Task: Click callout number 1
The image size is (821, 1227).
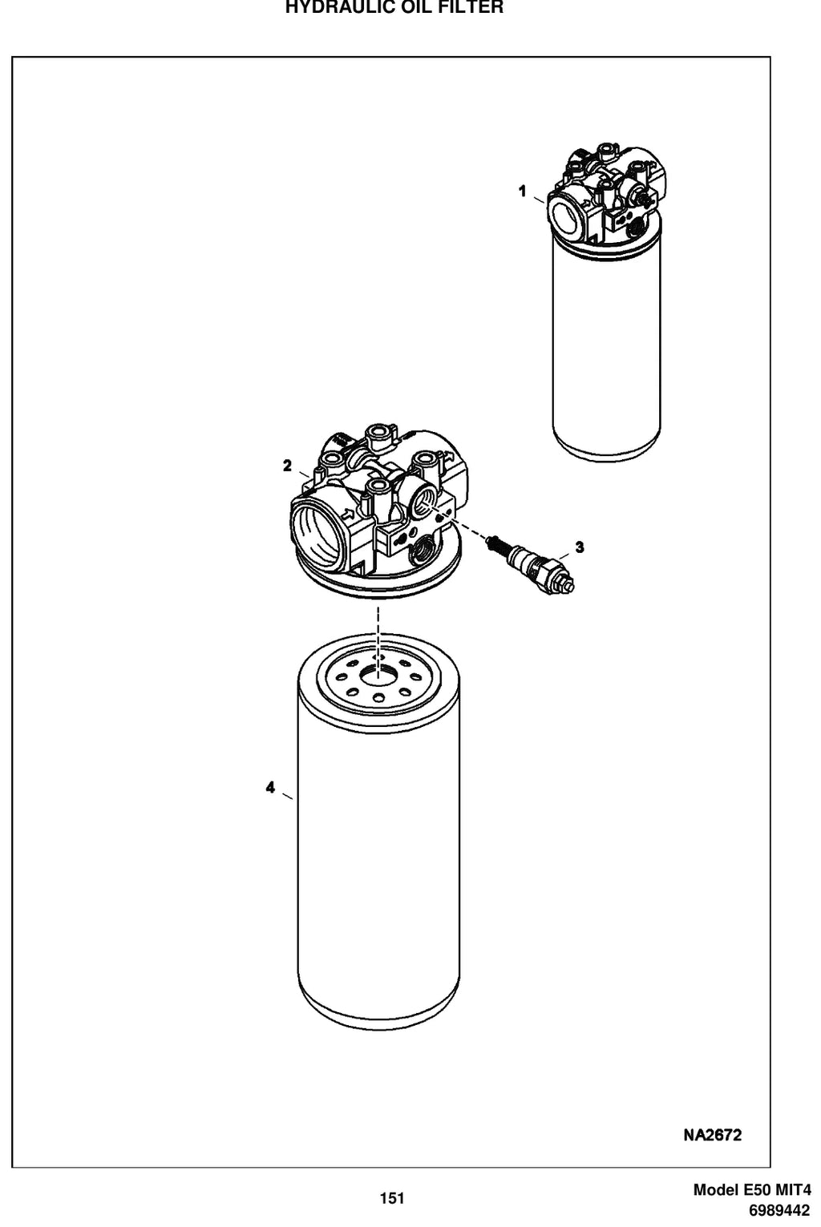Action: pos(522,192)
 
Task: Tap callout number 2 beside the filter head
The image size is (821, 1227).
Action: pos(287,466)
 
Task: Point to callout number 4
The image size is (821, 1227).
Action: pos(270,788)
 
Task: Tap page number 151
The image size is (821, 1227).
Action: pos(392,1198)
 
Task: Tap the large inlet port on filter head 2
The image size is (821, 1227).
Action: pos(318,531)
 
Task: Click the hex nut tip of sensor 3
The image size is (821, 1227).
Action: pos(566,585)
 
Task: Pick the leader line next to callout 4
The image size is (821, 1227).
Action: pos(287,796)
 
